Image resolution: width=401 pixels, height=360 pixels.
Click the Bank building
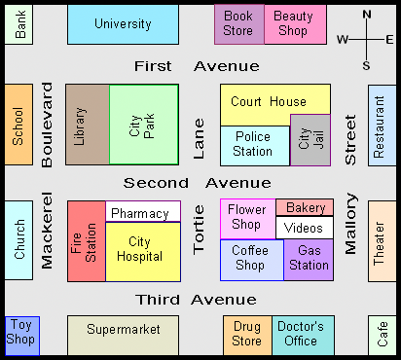pos(18,24)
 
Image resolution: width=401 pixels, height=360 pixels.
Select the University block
pos(123,24)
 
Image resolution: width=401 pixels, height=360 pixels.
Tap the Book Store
pos(239,24)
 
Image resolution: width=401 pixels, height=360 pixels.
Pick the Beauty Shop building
pos(295,24)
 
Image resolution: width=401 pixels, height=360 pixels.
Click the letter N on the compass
pos(367,15)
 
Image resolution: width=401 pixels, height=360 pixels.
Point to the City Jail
pos(310,140)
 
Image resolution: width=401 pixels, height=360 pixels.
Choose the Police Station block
pos(255,146)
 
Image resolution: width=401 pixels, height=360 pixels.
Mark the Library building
pos(88,125)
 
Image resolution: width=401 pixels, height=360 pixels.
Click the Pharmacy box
pos(143,211)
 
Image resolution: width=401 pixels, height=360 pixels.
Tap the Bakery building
pos(305,207)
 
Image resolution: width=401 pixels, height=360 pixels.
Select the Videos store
pos(305,228)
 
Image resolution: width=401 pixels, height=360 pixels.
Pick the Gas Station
pos(309,260)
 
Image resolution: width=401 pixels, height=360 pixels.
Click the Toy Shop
pos(22,336)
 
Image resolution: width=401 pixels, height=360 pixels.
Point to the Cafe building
pos(383,336)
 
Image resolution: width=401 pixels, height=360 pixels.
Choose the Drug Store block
pos(247,336)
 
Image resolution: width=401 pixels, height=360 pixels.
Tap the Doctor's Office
pos(303,336)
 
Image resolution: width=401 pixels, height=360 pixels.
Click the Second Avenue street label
pos(198,183)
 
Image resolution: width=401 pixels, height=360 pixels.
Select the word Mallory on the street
pos(350,224)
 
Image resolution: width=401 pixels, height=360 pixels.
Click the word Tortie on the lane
pos(199,230)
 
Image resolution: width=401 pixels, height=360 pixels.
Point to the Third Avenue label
pos(196,300)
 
